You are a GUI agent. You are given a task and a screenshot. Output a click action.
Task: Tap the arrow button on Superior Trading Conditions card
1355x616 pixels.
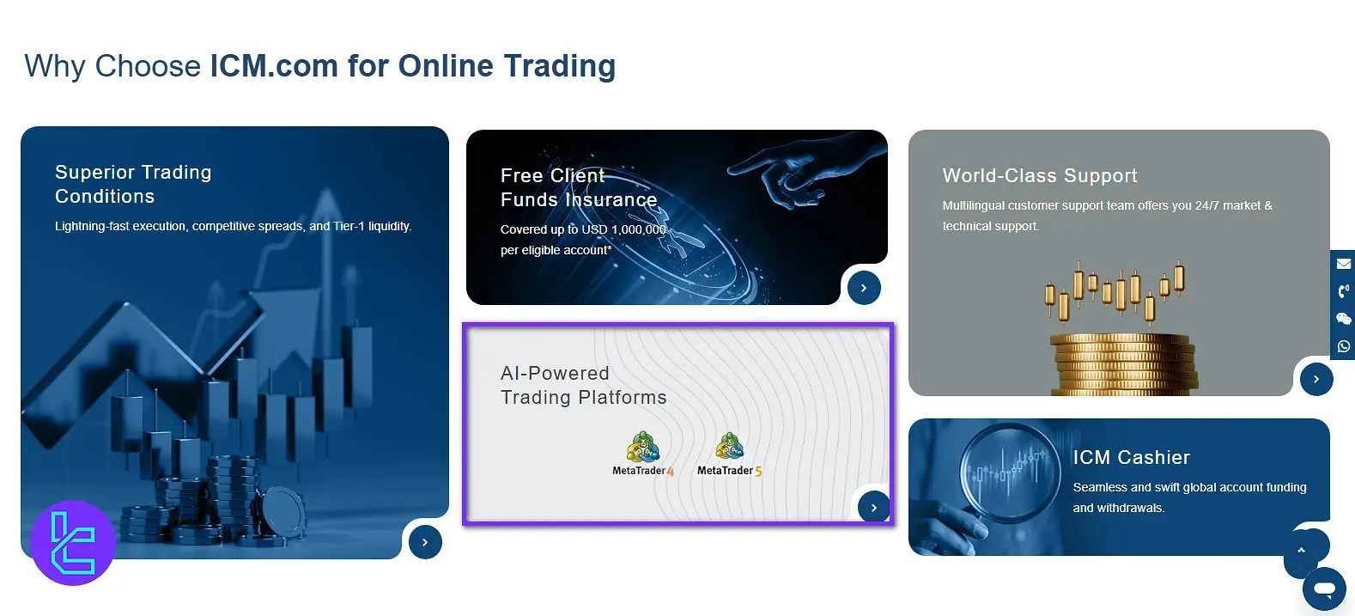click(425, 542)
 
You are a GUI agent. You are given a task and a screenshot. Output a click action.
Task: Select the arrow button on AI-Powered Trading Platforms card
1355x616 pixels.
click(873, 508)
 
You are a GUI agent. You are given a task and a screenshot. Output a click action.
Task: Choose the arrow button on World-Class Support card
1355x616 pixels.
click(1316, 379)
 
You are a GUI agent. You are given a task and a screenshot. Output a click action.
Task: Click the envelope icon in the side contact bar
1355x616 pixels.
click(1344, 264)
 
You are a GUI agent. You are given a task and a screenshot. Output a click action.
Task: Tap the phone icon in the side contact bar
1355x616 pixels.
click(1344, 291)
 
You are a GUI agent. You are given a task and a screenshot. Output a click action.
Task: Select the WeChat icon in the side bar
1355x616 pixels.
click(1344, 319)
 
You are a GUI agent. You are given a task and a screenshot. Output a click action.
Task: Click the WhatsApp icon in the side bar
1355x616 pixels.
click(1344, 346)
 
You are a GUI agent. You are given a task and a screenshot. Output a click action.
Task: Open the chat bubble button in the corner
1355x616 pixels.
click(1324, 589)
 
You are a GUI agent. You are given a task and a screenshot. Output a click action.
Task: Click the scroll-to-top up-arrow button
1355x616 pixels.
click(1302, 551)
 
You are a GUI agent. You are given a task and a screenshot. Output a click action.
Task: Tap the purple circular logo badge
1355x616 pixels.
click(73, 543)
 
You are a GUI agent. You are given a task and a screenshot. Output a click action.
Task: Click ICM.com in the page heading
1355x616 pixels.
click(274, 66)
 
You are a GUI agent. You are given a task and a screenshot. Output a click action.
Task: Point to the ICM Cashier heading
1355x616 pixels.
click(1131, 458)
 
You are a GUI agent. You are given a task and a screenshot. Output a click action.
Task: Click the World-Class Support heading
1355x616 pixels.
click(1039, 176)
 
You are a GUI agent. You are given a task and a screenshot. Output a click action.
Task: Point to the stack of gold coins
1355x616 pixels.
click(1121, 364)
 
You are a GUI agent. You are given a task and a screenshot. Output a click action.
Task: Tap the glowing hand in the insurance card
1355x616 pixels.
click(799, 173)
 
